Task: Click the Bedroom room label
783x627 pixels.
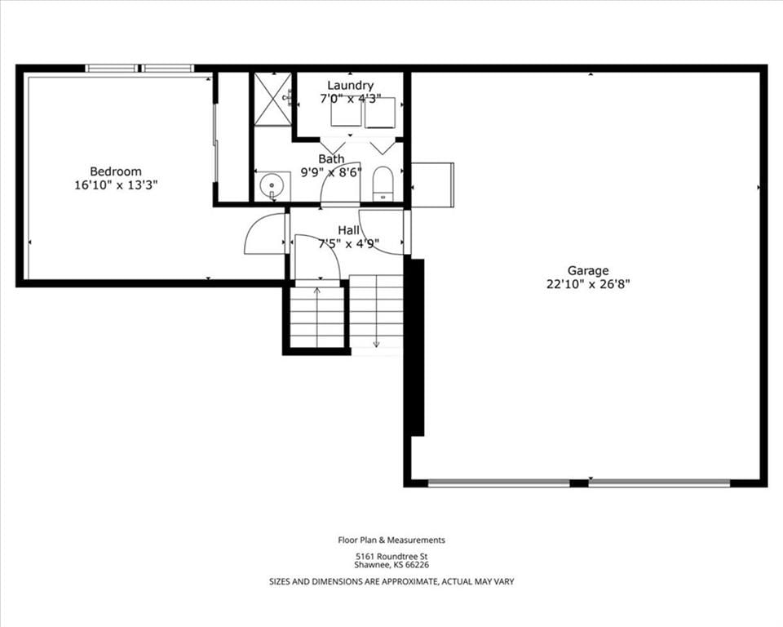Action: tap(116, 171)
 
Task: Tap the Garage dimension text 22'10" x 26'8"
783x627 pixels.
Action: tap(588, 284)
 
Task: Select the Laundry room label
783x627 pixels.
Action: tap(350, 86)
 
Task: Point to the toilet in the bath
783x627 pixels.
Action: tap(383, 184)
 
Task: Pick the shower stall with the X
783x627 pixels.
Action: tap(272, 99)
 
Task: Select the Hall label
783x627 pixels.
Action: tap(348, 230)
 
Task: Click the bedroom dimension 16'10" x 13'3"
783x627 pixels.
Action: tap(116, 185)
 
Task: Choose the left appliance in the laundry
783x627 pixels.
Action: tap(346, 112)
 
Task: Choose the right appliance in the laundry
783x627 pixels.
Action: tap(380, 113)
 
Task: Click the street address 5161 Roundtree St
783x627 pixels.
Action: tap(391, 557)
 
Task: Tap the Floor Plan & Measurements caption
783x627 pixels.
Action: tap(391, 540)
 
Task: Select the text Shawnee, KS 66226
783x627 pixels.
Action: tap(391, 566)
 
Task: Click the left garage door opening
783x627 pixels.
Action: tap(499, 483)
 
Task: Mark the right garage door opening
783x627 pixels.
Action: tap(659, 483)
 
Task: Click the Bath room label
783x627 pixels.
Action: tap(332, 159)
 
